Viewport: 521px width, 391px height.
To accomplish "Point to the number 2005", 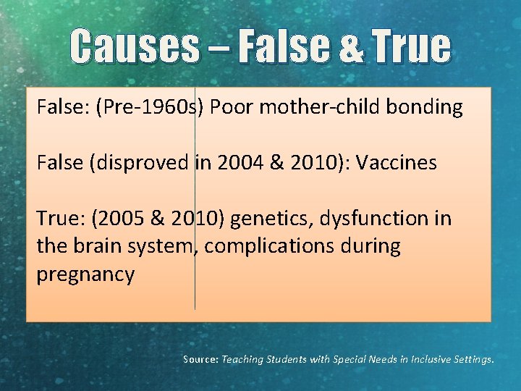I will [115, 218].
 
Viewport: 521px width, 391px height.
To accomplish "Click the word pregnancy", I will [85, 275].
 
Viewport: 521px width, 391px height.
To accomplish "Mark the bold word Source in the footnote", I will [200, 359].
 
